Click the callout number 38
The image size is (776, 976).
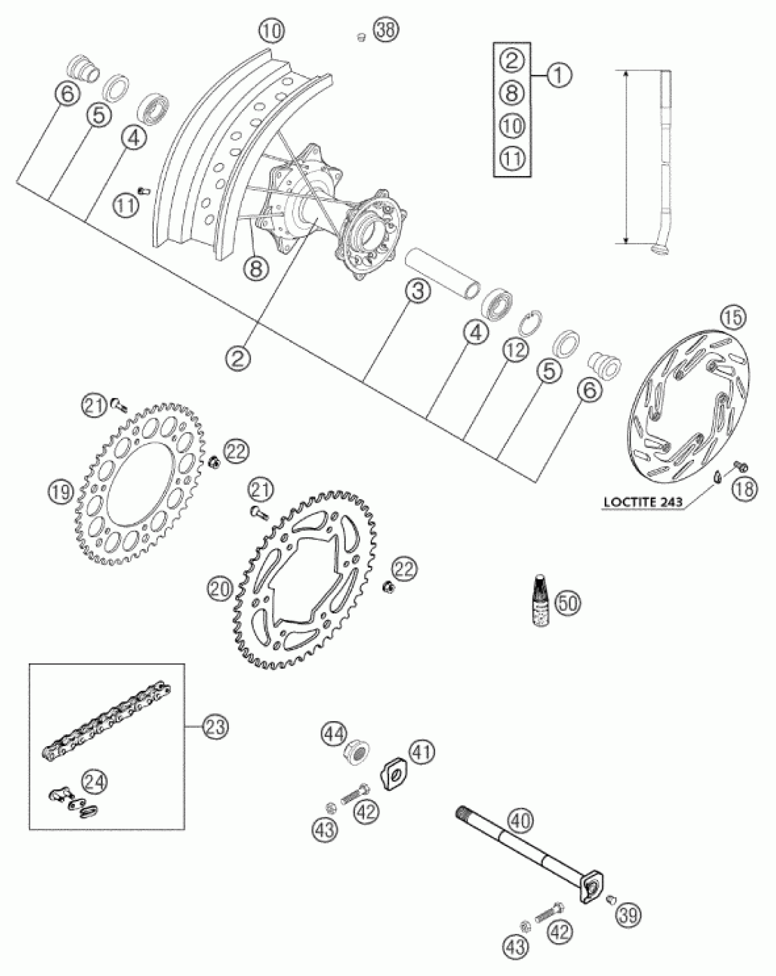386,30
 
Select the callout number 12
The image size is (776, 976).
516,351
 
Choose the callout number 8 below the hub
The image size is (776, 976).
255,267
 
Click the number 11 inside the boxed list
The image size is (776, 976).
512,159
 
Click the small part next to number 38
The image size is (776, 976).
361,37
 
